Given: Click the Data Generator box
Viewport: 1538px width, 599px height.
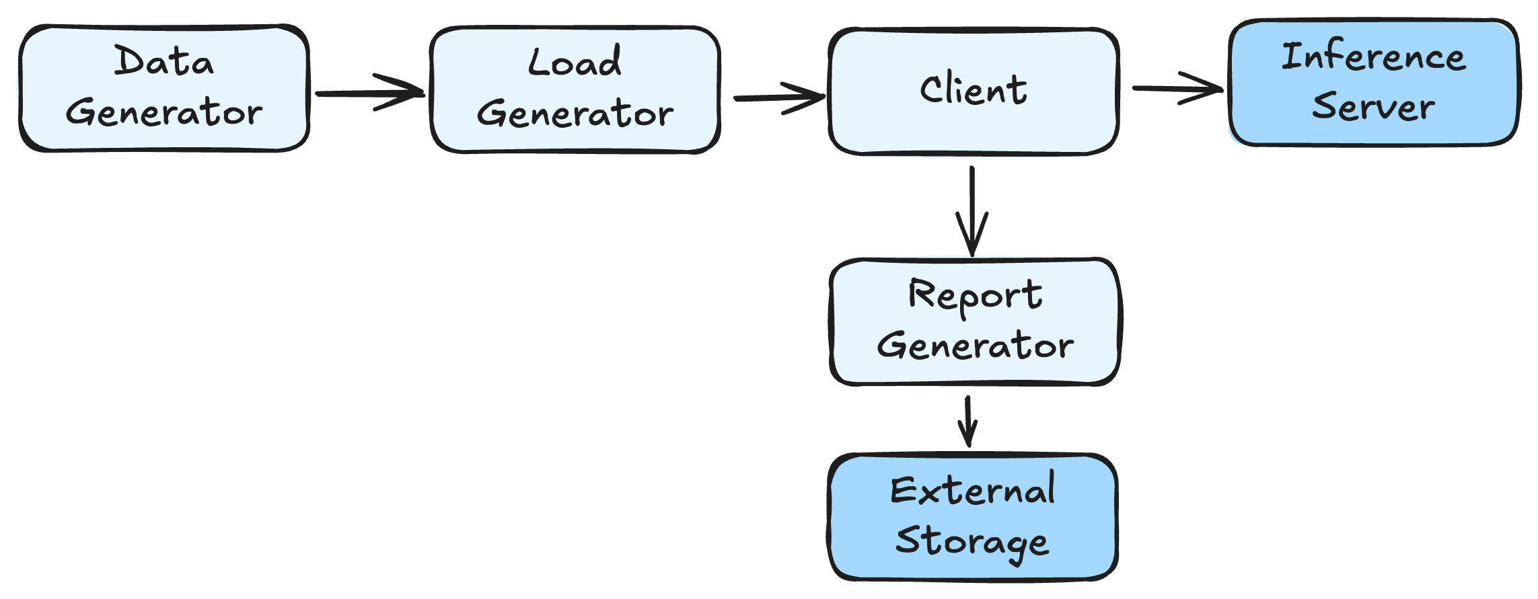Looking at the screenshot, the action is (x=164, y=88).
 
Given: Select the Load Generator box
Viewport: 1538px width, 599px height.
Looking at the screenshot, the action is (x=575, y=89).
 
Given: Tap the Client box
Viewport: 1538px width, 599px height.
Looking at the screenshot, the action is (x=974, y=91).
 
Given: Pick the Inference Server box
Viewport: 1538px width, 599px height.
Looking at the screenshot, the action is (x=1374, y=82).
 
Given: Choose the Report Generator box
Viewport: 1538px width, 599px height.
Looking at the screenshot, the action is (x=975, y=321).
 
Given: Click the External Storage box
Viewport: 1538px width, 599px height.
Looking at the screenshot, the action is (x=973, y=517).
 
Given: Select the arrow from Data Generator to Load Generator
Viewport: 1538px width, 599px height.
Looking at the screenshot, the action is (x=370, y=93).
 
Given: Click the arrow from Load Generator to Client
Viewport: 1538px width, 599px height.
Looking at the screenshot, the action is (x=779, y=98).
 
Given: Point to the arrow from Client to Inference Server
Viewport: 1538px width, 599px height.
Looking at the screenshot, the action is (x=1178, y=88).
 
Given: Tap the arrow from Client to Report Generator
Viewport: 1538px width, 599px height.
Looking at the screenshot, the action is (x=972, y=211).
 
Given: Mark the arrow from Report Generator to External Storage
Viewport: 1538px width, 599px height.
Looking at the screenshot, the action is (x=968, y=422).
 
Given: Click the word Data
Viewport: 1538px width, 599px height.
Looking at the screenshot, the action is (x=163, y=61).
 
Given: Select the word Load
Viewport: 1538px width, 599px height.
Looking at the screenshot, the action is (x=575, y=62).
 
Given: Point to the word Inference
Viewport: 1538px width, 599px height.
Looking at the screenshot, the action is (x=1373, y=56).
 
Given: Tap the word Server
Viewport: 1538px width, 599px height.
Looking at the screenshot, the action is (x=1373, y=106).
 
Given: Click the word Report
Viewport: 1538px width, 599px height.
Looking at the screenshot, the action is (x=975, y=295).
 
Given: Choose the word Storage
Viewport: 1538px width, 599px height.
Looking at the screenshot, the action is (x=972, y=542).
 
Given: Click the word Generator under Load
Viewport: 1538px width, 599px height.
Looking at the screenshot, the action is (x=575, y=113).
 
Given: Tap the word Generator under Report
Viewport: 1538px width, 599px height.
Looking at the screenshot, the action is (x=975, y=346).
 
